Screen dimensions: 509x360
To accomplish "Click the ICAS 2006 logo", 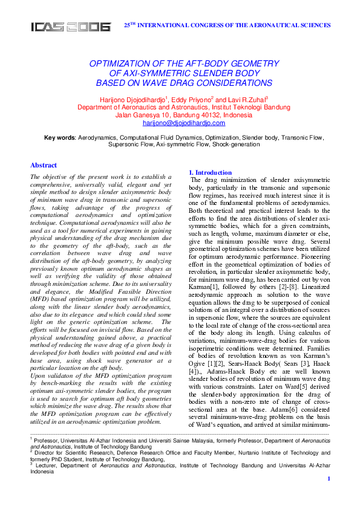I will (71, 27).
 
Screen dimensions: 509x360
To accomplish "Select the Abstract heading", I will (44, 165).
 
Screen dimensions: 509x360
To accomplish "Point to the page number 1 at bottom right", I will (328, 496).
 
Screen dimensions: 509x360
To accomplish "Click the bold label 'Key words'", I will (60, 138).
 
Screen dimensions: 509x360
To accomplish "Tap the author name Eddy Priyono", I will (190, 99).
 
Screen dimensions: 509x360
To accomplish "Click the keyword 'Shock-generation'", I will (237, 145).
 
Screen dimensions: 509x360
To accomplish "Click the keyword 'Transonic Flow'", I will (303, 138).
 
